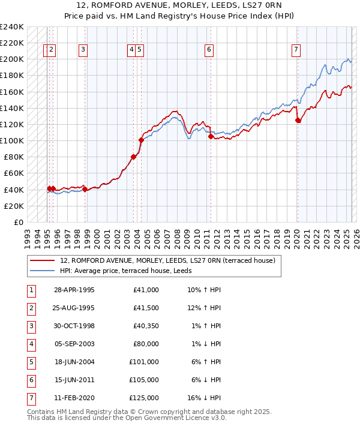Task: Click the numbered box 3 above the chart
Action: tap(83, 50)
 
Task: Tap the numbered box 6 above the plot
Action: tap(209, 50)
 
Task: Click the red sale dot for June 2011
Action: tap(211, 137)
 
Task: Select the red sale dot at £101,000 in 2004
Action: tap(141, 140)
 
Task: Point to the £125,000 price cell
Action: tap(144, 398)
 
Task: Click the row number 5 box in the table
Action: tap(30, 362)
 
